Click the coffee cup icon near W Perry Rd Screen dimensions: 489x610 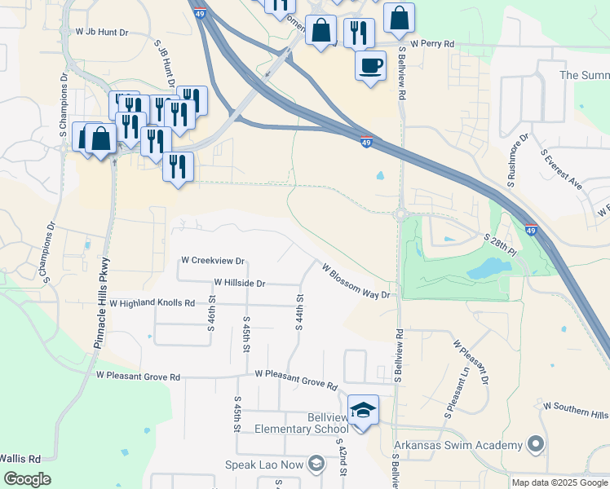tap(370, 64)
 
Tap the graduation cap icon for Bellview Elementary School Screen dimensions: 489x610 tap(364, 411)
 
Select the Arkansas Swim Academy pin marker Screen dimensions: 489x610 tap(535, 444)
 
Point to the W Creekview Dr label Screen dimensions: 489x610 tap(213, 261)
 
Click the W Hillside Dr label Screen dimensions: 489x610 tap(240, 283)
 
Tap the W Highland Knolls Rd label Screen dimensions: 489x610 tap(152, 303)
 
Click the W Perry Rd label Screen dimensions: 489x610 tap(432, 42)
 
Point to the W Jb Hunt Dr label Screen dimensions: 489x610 tap(102, 32)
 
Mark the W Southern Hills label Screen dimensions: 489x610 tap(575, 409)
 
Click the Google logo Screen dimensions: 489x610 tap(28, 479)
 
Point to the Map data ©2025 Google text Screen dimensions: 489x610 tap(559, 482)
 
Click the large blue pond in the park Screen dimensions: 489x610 tap(487, 268)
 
